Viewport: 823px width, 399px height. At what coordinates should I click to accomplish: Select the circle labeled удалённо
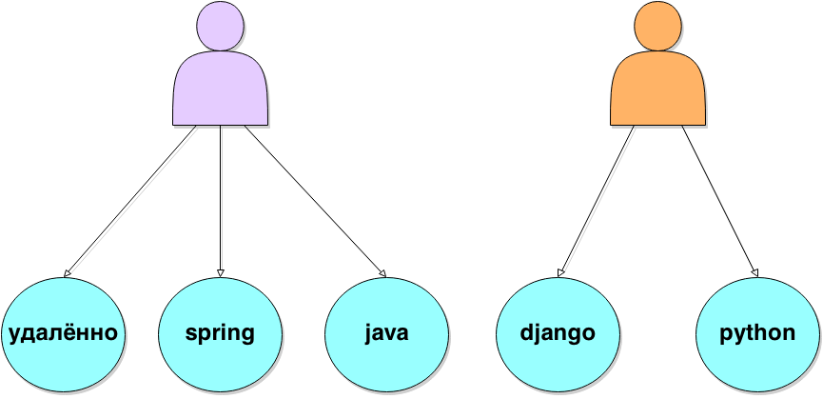pyautogui.click(x=63, y=332)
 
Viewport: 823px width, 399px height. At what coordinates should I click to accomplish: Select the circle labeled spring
pyautogui.click(x=221, y=332)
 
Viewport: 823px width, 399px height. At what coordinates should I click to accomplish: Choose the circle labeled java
pyautogui.click(x=386, y=332)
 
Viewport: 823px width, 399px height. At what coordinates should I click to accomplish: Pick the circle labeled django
pyautogui.click(x=558, y=332)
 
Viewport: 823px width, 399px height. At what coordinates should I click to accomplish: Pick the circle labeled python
pyautogui.click(x=758, y=332)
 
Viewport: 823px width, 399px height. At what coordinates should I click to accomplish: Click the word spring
pyautogui.click(x=221, y=333)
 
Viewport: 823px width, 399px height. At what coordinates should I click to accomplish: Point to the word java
pyautogui.click(x=386, y=333)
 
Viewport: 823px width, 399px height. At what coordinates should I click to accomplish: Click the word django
pyautogui.click(x=558, y=333)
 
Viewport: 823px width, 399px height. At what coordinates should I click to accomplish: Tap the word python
pyautogui.click(x=758, y=334)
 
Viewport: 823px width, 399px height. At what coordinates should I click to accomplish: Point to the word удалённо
pyautogui.click(x=63, y=333)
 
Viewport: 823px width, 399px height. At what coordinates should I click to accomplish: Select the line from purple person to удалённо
pyautogui.click(x=134, y=201)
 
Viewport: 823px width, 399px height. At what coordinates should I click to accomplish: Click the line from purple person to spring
pyautogui.click(x=222, y=200)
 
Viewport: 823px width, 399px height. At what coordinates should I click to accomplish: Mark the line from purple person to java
pyautogui.click(x=314, y=201)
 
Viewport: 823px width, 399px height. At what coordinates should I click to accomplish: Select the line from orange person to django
pyautogui.click(x=600, y=201)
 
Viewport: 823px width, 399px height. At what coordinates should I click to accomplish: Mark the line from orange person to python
pyautogui.click(x=719, y=201)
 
